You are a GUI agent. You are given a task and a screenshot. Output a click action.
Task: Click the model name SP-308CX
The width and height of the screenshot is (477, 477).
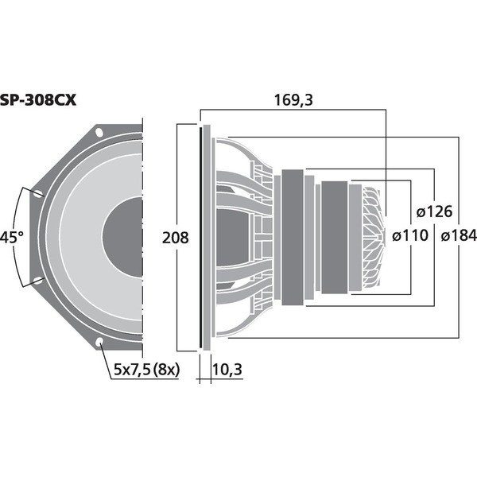(x=37, y=100)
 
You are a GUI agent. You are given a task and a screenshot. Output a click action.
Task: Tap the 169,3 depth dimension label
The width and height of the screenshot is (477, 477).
(x=293, y=100)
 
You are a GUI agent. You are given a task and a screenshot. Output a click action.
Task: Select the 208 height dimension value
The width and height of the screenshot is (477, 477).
(x=176, y=238)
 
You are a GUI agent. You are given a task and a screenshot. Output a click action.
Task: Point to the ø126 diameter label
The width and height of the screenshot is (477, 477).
(x=434, y=211)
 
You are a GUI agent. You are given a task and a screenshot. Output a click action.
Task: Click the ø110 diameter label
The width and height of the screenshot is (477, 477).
(x=410, y=235)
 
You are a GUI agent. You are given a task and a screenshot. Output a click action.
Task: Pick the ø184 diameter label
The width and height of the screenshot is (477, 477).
(x=459, y=235)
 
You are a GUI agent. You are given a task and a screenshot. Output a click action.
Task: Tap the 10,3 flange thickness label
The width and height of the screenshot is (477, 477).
(x=227, y=370)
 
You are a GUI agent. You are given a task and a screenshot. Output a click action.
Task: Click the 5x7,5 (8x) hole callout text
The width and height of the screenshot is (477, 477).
(x=147, y=370)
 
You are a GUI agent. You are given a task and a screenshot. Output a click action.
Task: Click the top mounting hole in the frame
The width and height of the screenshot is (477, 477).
(x=99, y=132)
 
